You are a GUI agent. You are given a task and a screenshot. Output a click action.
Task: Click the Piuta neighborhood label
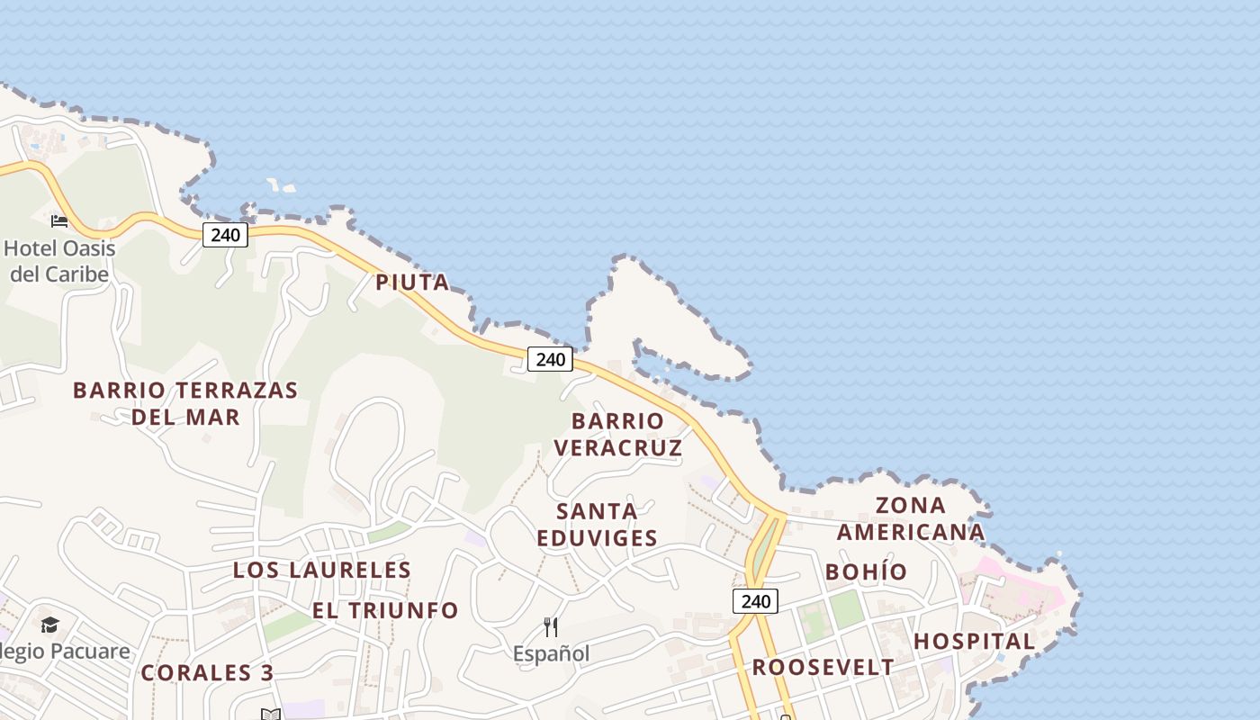click(412, 283)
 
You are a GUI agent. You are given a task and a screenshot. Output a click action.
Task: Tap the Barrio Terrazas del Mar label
click(185, 403)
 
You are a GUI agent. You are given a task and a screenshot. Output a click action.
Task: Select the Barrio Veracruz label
click(617, 434)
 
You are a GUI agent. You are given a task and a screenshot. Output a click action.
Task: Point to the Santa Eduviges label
click(598, 525)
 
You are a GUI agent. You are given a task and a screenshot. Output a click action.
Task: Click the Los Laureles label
click(322, 570)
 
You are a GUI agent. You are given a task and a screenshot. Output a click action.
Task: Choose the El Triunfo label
click(385, 610)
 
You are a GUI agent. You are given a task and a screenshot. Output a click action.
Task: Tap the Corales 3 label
click(207, 673)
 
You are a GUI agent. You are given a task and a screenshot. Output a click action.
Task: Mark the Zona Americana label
click(911, 518)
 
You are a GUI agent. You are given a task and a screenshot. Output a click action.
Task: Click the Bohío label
click(866, 572)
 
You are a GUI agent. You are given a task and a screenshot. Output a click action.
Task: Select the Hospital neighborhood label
click(975, 642)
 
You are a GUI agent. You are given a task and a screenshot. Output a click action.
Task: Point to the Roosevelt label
click(823, 668)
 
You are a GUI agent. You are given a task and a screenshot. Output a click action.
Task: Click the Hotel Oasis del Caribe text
click(59, 261)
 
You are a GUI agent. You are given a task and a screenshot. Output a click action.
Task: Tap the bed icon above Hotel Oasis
click(59, 220)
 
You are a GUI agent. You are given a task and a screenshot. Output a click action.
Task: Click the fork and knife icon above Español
click(551, 627)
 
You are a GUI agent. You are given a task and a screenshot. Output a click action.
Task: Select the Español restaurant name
click(551, 654)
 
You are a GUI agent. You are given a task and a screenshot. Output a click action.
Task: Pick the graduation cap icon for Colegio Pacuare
click(49, 625)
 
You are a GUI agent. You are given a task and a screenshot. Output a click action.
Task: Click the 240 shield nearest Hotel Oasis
click(225, 236)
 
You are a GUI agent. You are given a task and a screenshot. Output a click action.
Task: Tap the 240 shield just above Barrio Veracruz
click(550, 360)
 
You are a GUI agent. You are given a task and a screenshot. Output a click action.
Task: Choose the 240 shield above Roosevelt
click(755, 601)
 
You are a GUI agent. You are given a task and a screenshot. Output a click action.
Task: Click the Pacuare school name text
click(65, 652)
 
